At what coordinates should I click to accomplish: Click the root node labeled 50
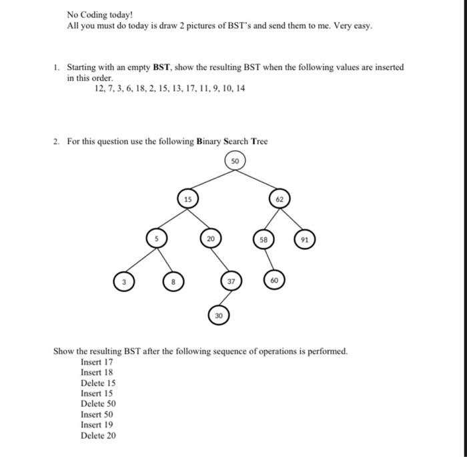click(235, 161)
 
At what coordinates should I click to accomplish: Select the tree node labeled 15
click(187, 198)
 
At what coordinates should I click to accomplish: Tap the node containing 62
click(279, 198)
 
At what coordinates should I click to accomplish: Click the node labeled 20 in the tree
click(210, 238)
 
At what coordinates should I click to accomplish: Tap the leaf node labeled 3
click(123, 282)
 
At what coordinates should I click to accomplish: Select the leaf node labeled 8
click(173, 282)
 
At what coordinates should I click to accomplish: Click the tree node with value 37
click(231, 282)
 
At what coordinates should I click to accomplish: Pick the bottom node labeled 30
click(218, 315)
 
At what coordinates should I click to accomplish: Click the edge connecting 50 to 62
click(258, 180)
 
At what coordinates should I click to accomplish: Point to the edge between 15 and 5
click(171, 218)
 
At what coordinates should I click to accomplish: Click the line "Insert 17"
click(97, 362)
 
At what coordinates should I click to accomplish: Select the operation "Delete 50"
click(98, 404)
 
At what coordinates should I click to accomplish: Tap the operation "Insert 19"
click(97, 425)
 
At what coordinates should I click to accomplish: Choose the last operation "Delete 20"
click(98, 436)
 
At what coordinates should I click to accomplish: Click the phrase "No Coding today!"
click(100, 15)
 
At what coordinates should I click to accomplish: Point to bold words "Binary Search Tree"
click(231, 141)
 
